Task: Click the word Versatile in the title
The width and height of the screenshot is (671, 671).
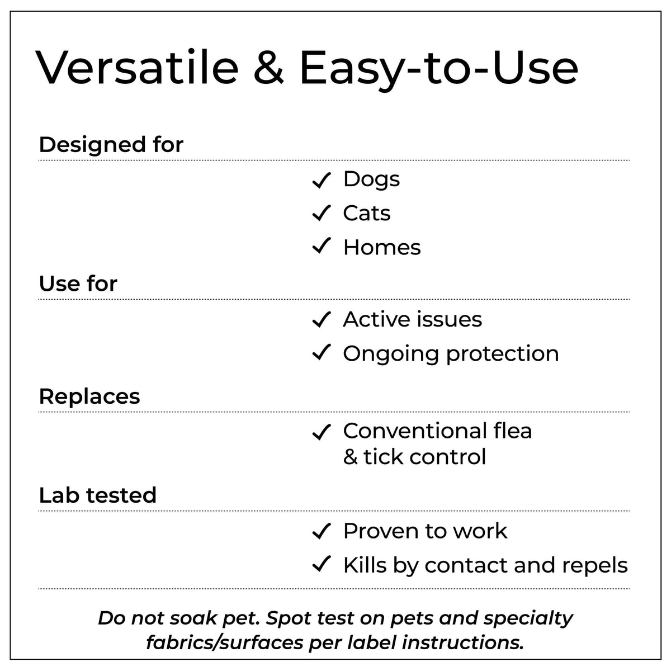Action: [137, 67]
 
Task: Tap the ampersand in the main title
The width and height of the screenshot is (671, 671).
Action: [268, 67]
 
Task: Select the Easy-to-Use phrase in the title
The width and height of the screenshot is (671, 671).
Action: [439, 70]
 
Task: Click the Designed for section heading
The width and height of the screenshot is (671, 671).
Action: [111, 144]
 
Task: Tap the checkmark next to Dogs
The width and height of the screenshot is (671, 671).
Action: [321, 180]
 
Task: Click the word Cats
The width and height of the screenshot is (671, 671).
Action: [367, 213]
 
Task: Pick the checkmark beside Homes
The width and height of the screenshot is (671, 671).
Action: [321, 245]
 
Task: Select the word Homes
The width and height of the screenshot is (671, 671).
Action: [382, 247]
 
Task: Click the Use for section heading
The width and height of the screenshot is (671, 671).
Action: [78, 283]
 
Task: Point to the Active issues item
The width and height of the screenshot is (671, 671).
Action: [412, 319]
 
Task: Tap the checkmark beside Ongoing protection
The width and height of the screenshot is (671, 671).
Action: [321, 352]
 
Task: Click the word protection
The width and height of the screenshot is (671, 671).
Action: [503, 355]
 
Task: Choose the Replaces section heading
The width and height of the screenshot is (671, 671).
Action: [89, 396]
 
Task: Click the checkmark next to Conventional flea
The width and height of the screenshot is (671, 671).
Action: [321, 432]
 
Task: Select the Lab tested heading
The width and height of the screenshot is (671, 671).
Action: [97, 495]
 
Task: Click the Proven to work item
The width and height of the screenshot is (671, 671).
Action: [425, 531]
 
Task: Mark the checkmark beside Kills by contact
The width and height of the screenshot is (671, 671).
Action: [321, 564]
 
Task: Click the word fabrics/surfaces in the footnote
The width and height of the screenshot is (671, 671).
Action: [224, 643]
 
